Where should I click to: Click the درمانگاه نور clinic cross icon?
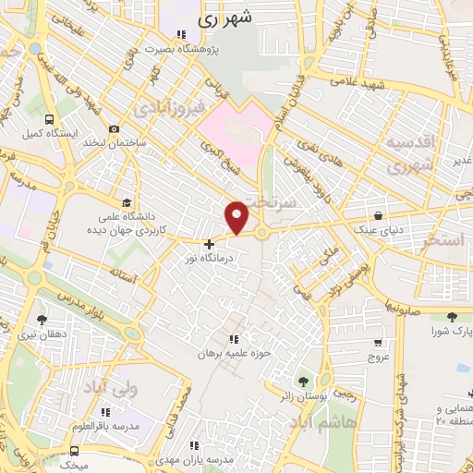pyautogui.click(x=210, y=245)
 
